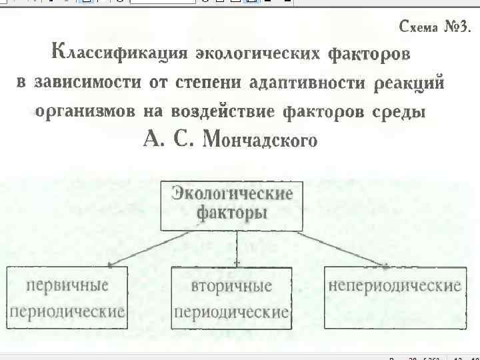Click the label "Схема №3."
[434, 27]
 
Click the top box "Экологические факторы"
[232, 205]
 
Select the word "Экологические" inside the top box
[232, 195]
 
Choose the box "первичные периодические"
[66, 297]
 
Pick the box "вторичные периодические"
[231, 298]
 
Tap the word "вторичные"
[231, 286]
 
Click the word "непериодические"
[395, 286]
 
